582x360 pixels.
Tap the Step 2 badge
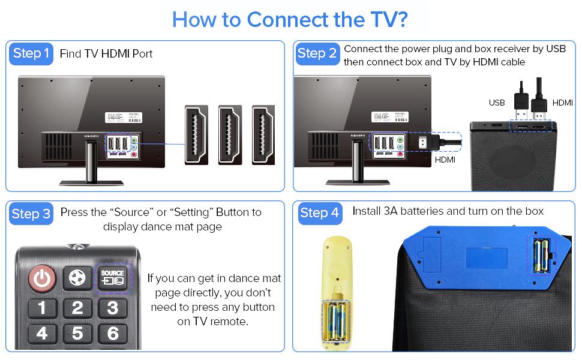click(x=317, y=54)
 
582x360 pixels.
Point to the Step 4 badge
click(x=319, y=213)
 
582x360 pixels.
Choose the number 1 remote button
click(x=42, y=308)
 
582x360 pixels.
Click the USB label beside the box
click(x=497, y=103)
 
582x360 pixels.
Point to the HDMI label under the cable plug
click(x=445, y=160)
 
